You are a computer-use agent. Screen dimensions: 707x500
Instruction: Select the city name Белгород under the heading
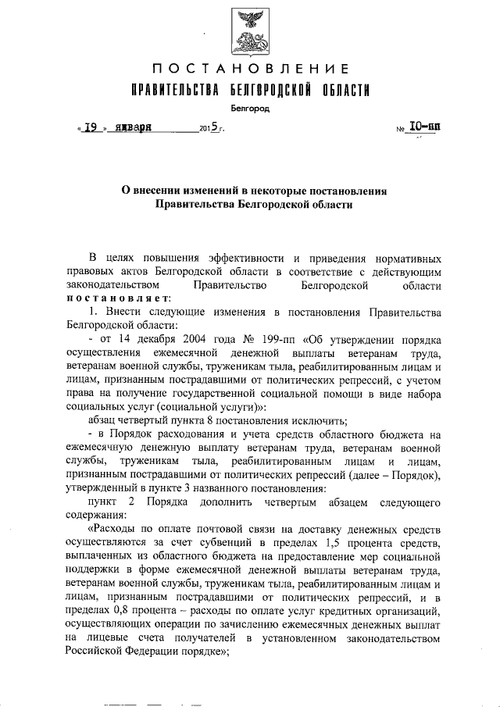point(250,109)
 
